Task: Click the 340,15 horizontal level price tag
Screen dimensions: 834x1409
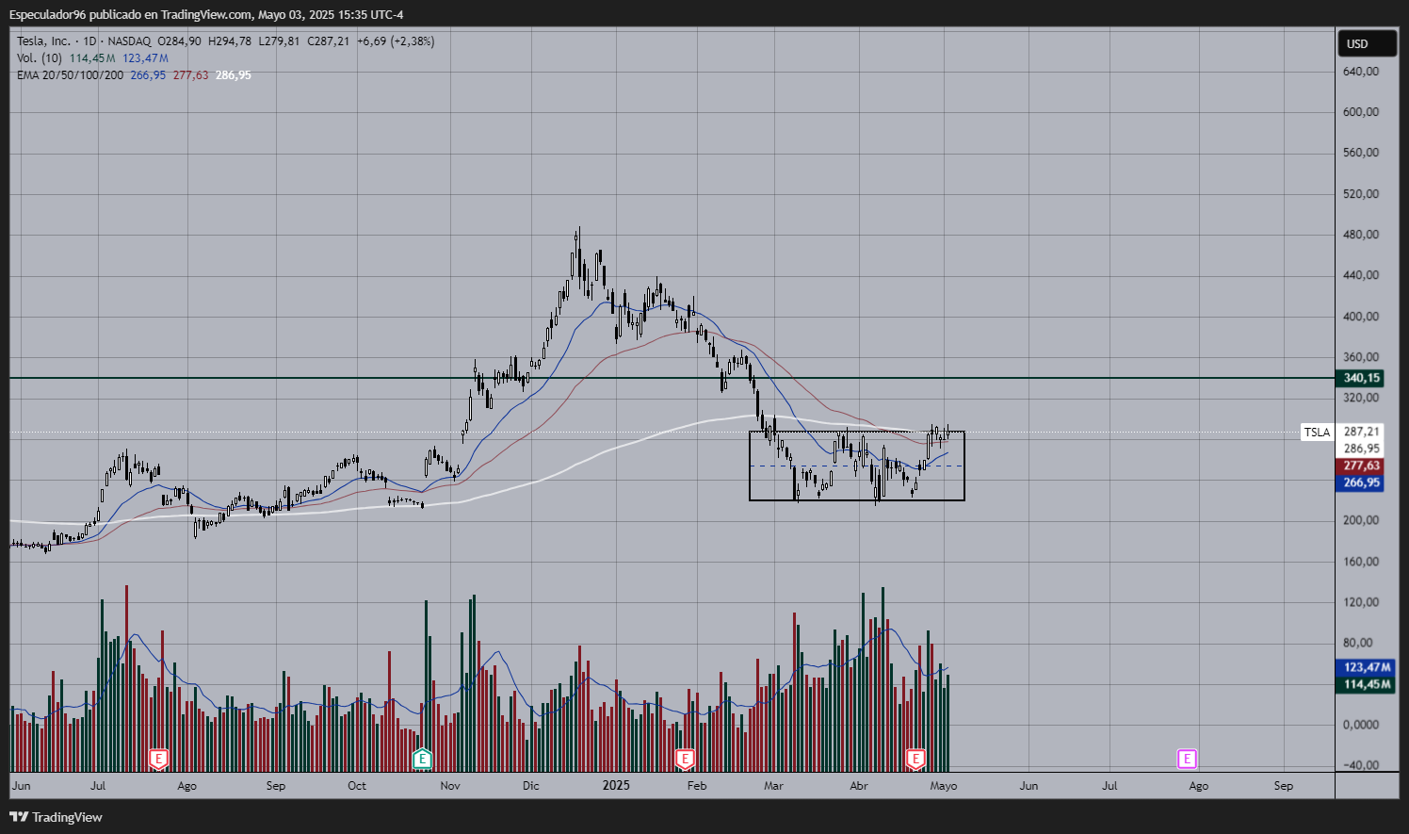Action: point(1361,378)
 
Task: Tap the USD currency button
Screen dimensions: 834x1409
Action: point(1357,44)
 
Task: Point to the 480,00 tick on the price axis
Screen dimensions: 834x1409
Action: point(1361,235)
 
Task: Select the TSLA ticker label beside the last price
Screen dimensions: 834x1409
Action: point(1317,433)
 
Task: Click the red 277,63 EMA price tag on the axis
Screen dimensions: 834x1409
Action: point(1361,466)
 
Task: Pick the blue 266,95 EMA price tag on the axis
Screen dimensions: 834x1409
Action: point(1361,482)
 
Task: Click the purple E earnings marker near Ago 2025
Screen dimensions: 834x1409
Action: point(1187,759)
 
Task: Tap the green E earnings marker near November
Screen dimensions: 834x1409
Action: point(422,759)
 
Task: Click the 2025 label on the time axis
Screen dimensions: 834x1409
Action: point(616,785)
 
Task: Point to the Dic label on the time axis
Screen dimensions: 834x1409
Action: point(531,786)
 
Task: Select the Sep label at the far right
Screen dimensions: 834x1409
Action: point(1283,786)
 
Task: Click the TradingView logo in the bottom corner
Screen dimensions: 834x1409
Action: point(57,817)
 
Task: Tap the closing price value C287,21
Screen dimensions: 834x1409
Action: point(328,41)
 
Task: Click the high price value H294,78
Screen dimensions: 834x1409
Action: point(230,41)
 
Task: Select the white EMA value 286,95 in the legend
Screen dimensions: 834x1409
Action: point(234,75)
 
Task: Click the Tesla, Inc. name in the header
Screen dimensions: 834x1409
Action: point(43,41)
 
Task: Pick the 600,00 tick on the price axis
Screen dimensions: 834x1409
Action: point(1361,112)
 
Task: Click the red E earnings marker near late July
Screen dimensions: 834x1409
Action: point(158,759)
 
